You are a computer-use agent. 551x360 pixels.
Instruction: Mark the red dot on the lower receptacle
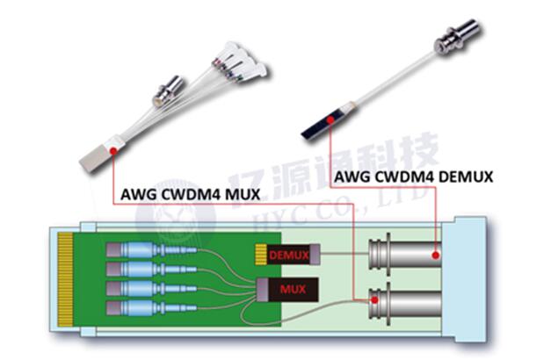click(376, 300)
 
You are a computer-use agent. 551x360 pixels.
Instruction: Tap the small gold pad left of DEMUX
click(260, 255)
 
